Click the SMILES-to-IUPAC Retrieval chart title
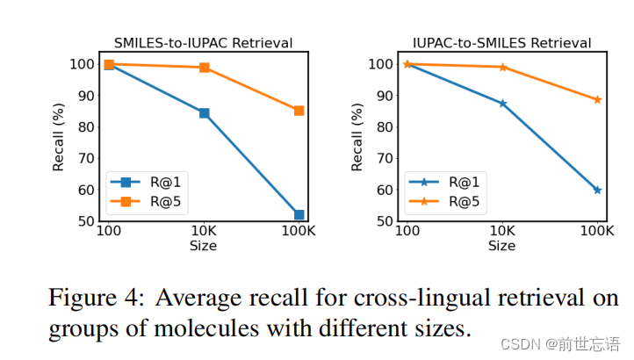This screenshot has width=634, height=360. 204,42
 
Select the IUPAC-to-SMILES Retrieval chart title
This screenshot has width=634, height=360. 501,42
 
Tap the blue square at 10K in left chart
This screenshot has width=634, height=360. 204,113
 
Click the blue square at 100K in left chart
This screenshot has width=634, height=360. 299,214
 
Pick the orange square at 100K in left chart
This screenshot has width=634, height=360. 299,111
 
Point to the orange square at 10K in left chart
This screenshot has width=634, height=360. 204,68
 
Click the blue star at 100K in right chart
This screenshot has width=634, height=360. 597,190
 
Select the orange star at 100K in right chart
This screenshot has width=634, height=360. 597,100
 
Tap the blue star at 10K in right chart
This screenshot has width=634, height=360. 502,104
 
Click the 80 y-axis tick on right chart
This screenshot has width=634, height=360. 383,126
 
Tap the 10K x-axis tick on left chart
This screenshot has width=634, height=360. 204,232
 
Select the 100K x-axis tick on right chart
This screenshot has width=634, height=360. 597,232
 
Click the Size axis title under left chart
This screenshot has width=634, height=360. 203,246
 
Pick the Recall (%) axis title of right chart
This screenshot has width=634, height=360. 357,137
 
